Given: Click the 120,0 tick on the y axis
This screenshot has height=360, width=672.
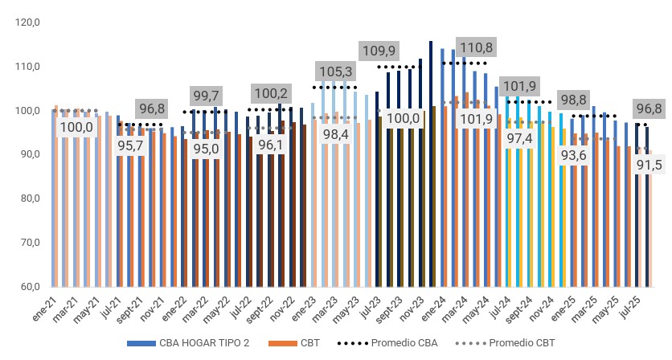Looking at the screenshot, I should pyautogui.click(x=27, y=22).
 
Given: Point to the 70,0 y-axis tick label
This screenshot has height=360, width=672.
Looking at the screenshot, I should pyautogui.click(x=27, y=242).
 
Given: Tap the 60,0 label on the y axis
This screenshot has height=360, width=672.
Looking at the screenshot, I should pyautogui.click(x=27, y=286).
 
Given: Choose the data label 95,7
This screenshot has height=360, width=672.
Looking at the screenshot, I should pyautogui.click(x=130, y=146).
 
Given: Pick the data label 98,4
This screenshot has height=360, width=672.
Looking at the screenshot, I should pyautogui.click(x=334, y=134).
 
